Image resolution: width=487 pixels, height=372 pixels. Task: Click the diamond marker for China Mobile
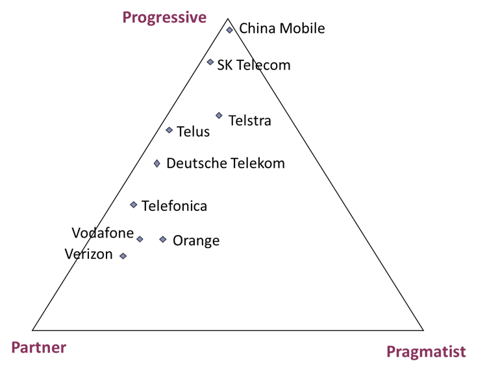(x=229, y=30)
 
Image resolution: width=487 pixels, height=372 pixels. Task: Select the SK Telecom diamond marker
(x=210, y=62)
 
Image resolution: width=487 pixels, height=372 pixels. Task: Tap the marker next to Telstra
(x=219, y=116)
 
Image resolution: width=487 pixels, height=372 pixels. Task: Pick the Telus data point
(x=169, y=130)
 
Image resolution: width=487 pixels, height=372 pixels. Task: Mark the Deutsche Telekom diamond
(x=157, y=164)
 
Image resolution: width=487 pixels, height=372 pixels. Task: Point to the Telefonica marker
(x=134, y=205)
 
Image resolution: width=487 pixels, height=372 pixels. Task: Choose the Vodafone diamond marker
(x=140, y=239)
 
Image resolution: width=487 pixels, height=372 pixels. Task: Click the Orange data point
(x=163, y=240)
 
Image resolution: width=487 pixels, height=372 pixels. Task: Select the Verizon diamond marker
(x=123, y=256)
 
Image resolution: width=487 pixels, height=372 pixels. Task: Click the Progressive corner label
(x=164, y=18)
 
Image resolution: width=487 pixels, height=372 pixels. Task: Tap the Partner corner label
(x=39, y=347)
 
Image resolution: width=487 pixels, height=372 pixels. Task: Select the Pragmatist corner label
(x=426, y=353)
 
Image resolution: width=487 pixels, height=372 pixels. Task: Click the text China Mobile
(x=282, y=29)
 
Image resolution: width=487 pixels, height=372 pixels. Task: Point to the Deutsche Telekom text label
(x=226, y=164)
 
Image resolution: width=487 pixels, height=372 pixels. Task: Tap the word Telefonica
(x=174, y=206)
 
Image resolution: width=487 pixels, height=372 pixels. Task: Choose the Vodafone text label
(x=103, y=233)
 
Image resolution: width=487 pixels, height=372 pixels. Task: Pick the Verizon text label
(x=89, y=254)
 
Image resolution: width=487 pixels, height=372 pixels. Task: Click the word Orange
(x=196, y=241)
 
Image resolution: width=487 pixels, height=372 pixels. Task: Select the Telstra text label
(x=250, y=121)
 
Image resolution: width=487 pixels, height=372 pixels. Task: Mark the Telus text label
(x=194, y=132)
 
